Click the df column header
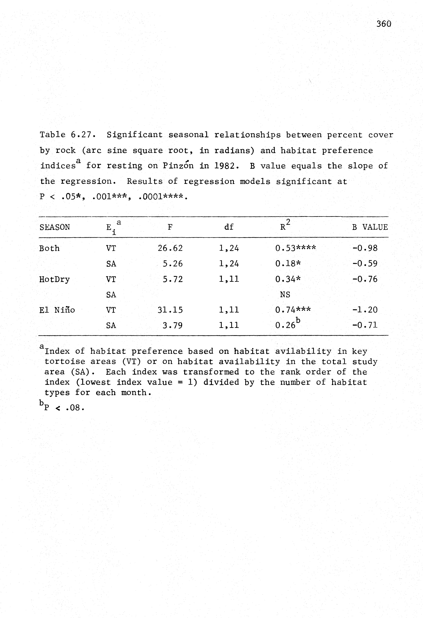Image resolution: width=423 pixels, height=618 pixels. [229, 227]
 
